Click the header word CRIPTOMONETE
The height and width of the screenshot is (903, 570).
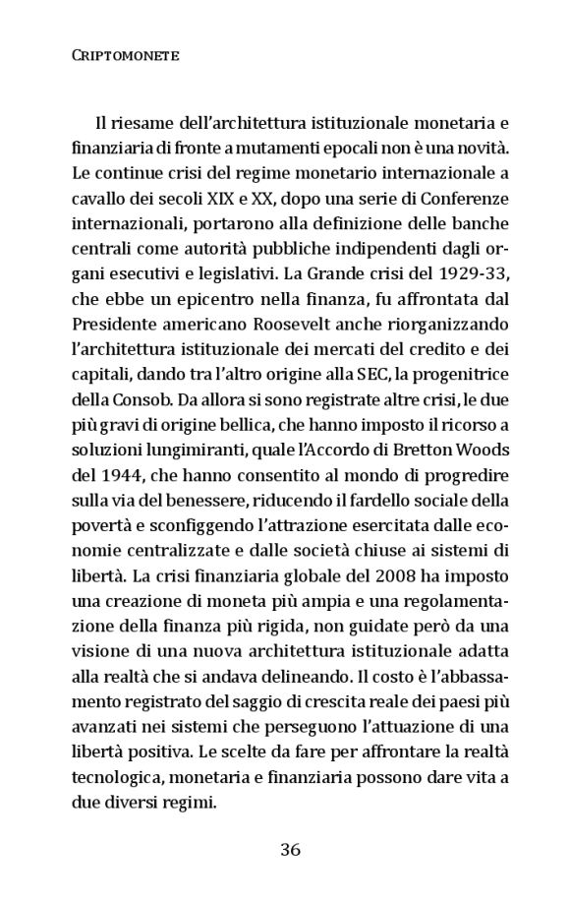[125, 56]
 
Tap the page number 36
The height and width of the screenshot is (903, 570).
[289, 851]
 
